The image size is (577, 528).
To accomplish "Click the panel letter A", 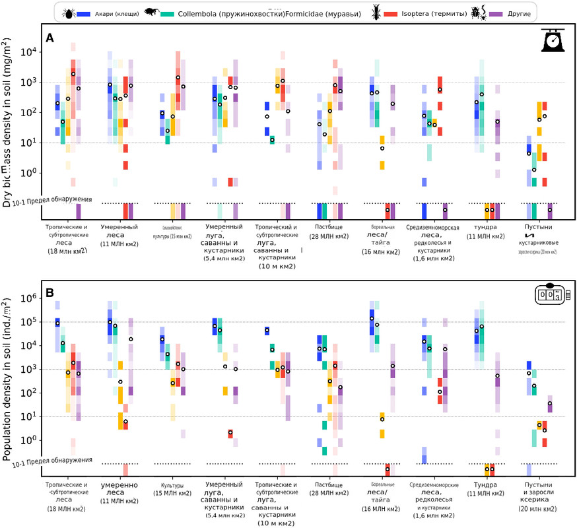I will coord(49,38).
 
